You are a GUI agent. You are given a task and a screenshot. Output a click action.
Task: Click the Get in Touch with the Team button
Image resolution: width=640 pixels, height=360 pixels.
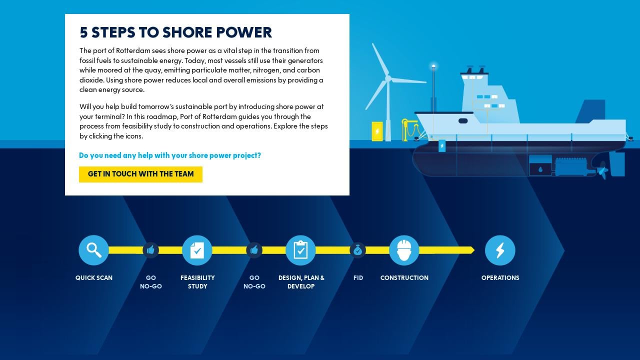tap(140, 174)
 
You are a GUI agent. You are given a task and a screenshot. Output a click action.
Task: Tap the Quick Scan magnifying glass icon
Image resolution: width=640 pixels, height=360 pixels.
tap(93, 250)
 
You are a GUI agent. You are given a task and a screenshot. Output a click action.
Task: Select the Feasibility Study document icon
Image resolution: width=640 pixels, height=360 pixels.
tap(197, 250)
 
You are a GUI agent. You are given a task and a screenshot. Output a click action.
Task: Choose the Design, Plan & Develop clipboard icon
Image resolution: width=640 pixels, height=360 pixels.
tap(300, 250)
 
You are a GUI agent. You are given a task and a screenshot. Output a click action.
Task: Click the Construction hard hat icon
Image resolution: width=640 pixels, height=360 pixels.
tap(404, 250)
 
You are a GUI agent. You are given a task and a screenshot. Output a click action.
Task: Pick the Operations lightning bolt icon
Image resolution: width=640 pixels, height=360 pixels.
tap(500, 250)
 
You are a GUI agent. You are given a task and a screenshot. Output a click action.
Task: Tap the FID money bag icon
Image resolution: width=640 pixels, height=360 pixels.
tap(357, 250)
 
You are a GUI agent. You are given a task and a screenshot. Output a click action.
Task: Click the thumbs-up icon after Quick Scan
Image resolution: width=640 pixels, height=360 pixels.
tap(150, 250)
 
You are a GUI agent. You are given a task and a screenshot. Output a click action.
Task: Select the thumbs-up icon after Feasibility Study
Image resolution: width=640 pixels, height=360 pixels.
tap(254, 250)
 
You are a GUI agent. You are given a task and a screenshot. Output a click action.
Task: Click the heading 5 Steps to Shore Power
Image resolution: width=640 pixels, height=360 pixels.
tap(176, 32)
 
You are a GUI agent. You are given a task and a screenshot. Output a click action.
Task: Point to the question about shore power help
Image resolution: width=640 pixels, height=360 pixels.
tap(170, 155)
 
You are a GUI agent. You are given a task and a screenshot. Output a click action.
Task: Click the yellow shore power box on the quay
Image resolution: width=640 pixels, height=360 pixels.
tap(377, 131)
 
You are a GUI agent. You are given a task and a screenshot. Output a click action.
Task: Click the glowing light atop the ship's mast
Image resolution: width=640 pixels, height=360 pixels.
tap(433, 65)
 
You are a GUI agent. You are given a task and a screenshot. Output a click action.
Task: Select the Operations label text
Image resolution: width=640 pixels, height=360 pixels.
tap(500, 278)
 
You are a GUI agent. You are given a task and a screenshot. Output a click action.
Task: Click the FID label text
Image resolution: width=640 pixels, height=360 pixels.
tap(358, 278)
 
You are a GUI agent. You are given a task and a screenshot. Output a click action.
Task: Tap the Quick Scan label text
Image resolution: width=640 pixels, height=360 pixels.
tap(94, 278)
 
